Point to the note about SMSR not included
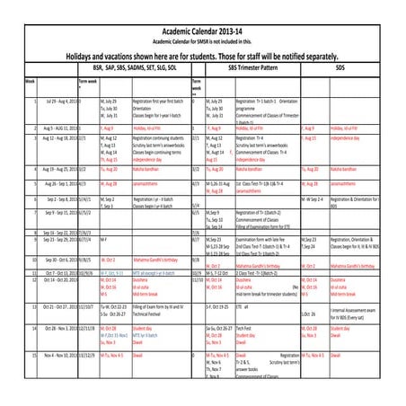203,40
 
